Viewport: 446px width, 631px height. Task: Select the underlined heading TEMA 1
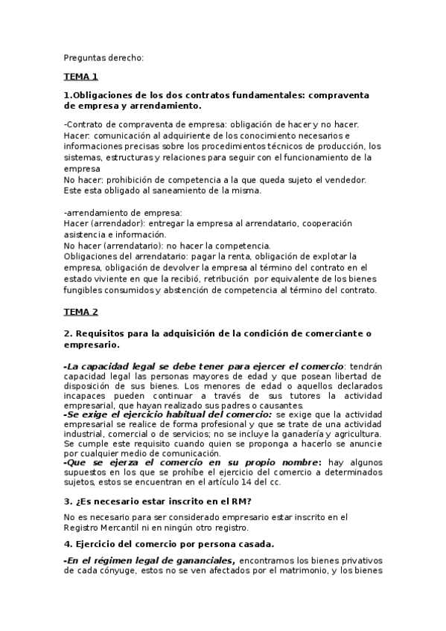80,77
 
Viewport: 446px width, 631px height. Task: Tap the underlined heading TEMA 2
80,312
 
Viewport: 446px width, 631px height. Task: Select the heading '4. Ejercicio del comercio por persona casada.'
169,542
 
